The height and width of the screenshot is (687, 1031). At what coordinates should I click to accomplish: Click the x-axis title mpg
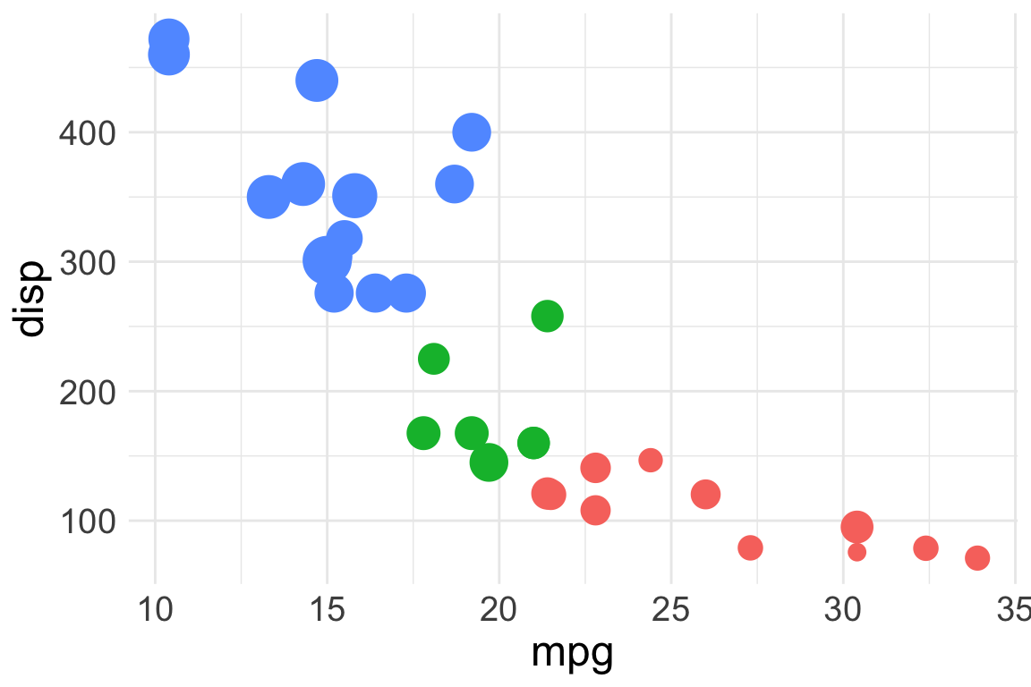click(x=572, y=654)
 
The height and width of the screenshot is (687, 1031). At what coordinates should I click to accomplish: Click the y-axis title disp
click(x=31, y=300)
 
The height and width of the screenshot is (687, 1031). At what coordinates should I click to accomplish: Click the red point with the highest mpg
click(x=977, y=558)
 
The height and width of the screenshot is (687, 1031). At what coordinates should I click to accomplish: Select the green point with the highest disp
click(x=547, y=316)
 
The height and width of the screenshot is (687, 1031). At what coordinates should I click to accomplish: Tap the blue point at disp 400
click(x=472, y=132)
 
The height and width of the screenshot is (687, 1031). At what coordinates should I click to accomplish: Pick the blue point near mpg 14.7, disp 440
click(x=317, y=81)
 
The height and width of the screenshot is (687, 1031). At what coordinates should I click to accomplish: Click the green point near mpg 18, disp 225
click(x=433, y=359)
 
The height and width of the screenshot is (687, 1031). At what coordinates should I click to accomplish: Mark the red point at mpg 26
click(x=705, y=494)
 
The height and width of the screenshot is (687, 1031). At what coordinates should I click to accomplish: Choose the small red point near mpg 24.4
click(x=651, y=460)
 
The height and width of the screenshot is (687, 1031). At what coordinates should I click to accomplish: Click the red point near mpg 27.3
click(x=750, y=547)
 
